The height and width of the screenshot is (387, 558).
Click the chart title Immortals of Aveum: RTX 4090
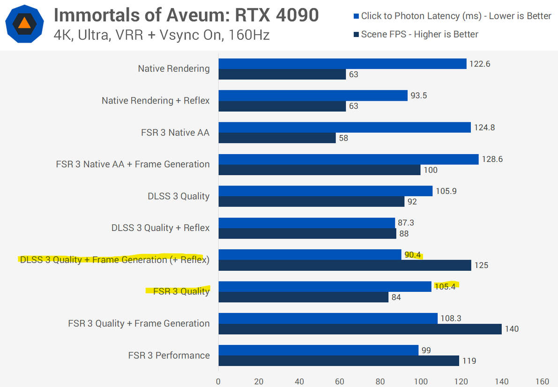point(186,15)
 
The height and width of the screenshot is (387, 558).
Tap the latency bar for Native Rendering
point(342,64)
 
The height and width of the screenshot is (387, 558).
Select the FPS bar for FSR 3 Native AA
point(277,138)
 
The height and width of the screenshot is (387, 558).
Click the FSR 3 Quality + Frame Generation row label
point(139,323)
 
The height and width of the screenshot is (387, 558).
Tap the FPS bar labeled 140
point(360,329)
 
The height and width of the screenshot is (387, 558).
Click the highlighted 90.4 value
point(413,255)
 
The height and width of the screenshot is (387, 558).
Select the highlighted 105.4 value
point(445,287)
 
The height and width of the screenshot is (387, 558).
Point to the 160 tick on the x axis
point(542,381)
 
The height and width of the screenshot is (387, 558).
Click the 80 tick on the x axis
point(380,381)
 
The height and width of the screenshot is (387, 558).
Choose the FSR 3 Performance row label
point(169,355)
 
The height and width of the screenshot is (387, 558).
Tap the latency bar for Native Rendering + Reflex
point(313,96)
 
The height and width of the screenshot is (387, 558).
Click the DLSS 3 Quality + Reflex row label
point(160,228)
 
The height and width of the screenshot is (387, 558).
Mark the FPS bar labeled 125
point(344,265)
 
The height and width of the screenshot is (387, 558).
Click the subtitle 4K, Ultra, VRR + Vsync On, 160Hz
point(162,35)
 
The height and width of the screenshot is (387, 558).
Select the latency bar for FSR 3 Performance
point(318,350)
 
